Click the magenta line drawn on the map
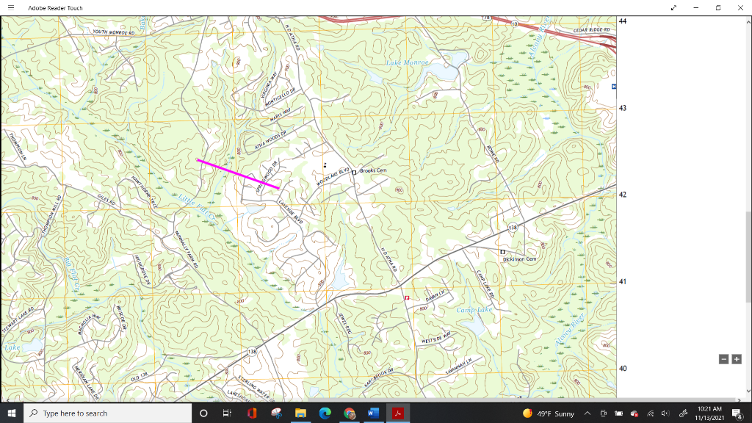(x=238, y=174)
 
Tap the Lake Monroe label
(x=407, y=64)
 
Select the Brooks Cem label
(x=373, y=170)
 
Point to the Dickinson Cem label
(x=520, y=259)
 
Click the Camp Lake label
(x=474, y=310)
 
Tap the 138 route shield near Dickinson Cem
(x=513, y=228)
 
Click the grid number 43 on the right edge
(x=623, y=108)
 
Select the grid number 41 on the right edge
(x=623, y=282)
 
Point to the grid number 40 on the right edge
(x=623, y=369)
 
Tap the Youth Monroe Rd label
(x=114, y=32)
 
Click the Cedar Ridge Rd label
(x=591, y=30)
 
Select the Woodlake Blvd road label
(x=332, y=177)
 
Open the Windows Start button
(x=12, y=413)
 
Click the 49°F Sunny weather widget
(x=549, y=413)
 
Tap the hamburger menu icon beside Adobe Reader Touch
(x=11, y=7)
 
